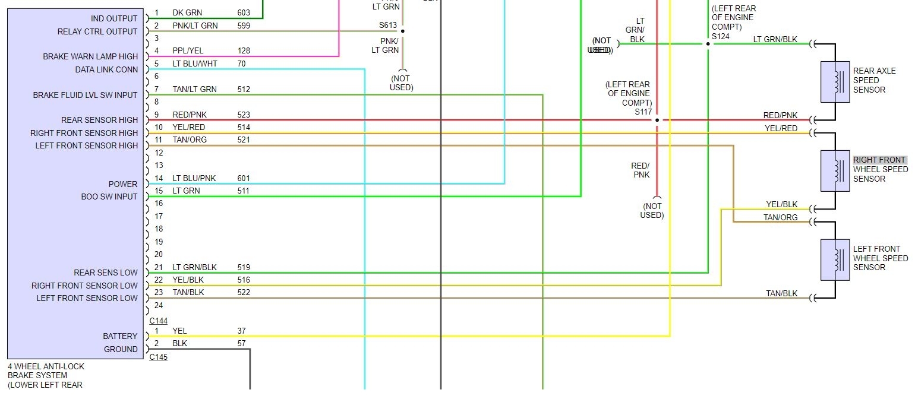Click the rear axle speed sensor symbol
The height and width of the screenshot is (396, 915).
click(835, 82)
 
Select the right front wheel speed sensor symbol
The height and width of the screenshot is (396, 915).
click(835, 171)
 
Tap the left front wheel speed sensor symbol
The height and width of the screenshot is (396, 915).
click(835, 259)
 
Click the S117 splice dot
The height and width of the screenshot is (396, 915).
click(657, 120)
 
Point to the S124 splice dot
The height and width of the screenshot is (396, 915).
click(708, 43)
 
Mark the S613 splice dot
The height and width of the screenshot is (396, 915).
click(402, 31)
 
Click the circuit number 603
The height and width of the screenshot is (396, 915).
click(244, 12)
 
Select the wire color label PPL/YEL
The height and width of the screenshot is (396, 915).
click(188, 51)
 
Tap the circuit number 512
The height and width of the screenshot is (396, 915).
click(244, 89)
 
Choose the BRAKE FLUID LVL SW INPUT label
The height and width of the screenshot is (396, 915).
click(85, 95)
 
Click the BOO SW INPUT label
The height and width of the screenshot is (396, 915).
click(109, 197)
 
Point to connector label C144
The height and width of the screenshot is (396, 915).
click(158, 321)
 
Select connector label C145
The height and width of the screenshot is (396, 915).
click(158, 357)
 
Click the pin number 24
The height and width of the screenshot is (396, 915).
click(158, 305)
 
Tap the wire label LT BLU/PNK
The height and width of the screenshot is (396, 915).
click(194, 178)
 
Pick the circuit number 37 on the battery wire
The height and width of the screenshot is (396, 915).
click(242, 331)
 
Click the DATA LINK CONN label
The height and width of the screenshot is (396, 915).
click(106, 69)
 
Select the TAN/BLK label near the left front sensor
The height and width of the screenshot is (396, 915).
click(781, 293)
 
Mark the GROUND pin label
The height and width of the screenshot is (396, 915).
click(121, 349)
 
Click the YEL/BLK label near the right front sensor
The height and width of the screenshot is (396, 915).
click(781, 205)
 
